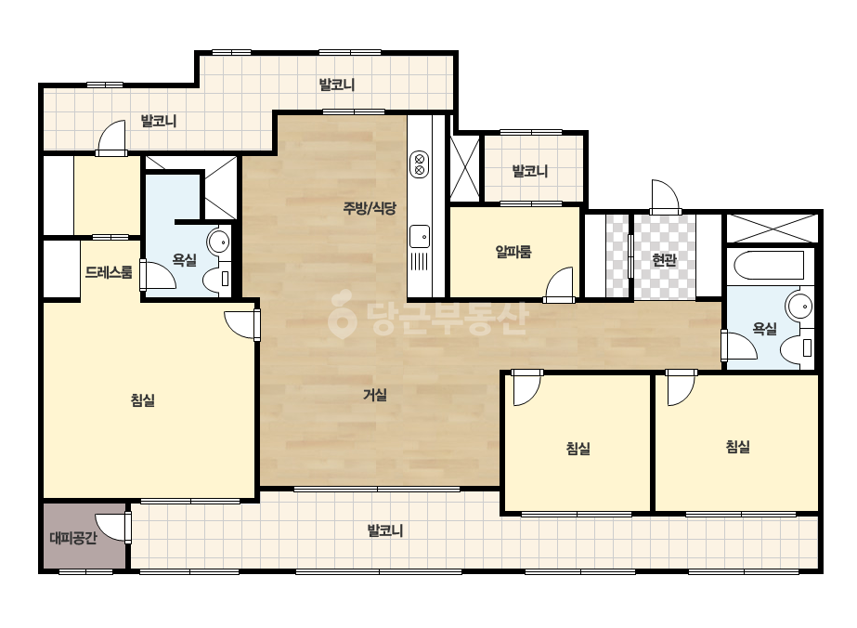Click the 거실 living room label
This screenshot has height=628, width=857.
[375, 395]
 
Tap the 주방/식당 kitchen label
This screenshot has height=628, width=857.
[370, 208]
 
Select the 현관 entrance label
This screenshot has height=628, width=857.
[664, 260]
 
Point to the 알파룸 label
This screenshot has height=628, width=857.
[513, 252]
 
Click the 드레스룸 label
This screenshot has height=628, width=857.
[109, 272]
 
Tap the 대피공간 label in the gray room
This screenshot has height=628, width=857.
[73, 538]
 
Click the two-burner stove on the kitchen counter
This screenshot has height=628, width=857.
[419, 164]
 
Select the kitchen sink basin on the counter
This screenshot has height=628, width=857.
[419, 236]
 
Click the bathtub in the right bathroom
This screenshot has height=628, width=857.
[769, 266]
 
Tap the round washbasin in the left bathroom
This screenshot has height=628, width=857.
[218, 241]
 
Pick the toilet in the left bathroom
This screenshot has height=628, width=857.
[217, 278]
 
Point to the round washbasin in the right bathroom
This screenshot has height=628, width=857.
[799, 306]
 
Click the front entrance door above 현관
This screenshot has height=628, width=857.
[665, 197]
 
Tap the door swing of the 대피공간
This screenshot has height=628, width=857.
[112, 528]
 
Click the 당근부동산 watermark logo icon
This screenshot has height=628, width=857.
[342, 314]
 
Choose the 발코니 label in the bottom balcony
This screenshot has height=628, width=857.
[384, 530]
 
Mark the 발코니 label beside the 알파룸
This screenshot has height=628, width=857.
[529, 171]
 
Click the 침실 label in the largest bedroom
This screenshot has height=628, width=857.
[143, 399]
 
